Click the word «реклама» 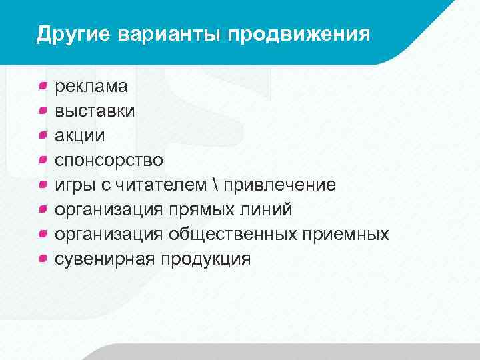92,85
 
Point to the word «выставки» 95,111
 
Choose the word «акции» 79,135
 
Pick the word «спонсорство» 109,160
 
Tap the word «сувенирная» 105,259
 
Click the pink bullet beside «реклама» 42,85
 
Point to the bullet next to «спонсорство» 42,160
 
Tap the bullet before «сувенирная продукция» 42,259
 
